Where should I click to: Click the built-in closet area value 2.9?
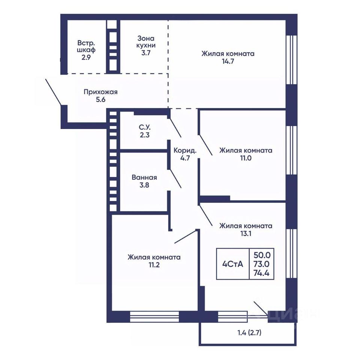(86, 57)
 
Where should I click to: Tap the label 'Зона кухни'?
(146, 42)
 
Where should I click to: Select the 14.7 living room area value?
(228, 61)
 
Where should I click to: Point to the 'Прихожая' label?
(100, 92)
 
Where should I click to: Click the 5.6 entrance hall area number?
(100, 100)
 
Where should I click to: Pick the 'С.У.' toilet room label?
(145, 127)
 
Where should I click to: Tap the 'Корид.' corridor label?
(185, 151)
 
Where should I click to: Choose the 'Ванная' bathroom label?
(144, 177)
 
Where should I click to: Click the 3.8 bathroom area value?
(144, 185)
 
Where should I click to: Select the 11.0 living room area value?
(246, 158)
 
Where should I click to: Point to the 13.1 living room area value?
(246, 234)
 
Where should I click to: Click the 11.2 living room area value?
(154, 265)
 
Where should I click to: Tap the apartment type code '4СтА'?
(232, 264)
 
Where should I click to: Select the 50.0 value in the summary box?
(262, 255)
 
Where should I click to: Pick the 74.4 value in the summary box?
(261, 273)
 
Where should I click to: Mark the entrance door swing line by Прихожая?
(53, 92)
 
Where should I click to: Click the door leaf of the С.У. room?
(175, 127)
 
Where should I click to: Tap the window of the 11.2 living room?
(154, 317)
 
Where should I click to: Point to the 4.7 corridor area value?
(185, 158)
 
